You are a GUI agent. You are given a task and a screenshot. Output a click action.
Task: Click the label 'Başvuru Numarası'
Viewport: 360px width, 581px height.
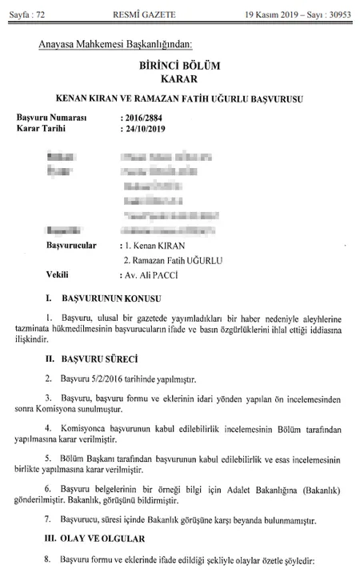click(x=51, y=118)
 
